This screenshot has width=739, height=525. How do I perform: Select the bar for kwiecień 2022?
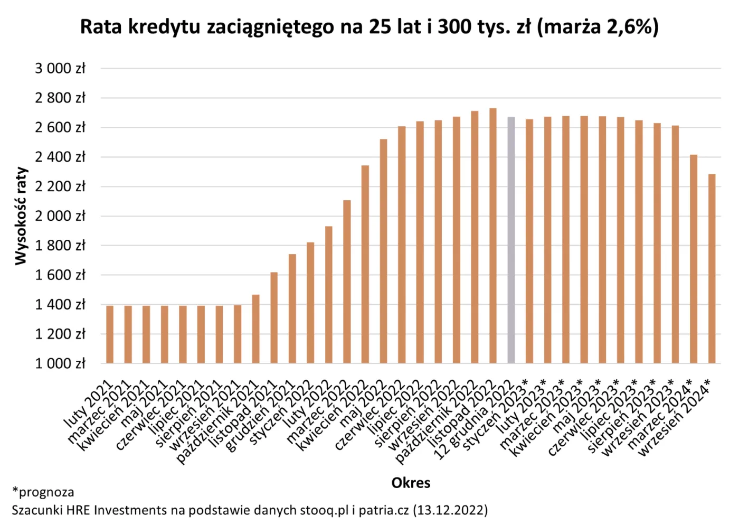(365, 264)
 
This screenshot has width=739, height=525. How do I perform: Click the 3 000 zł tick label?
(60, 69)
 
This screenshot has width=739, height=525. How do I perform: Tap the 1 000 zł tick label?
(60, 363)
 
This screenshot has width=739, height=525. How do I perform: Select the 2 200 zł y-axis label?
(60, 186)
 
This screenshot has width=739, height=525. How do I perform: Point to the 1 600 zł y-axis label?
(60, 275)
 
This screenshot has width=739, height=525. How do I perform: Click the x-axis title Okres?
(411, 483)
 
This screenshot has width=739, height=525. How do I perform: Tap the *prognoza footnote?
(43, 492)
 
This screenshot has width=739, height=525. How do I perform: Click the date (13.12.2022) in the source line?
(450, 510)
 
